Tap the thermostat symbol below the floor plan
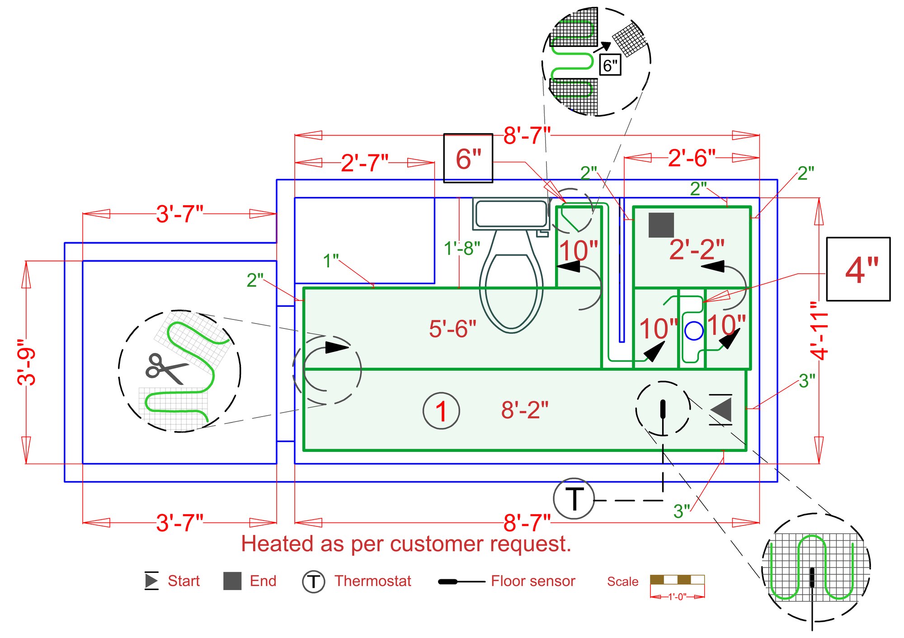574,499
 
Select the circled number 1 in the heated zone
441,411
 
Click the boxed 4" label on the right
858,269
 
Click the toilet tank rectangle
511,214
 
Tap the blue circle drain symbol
694,331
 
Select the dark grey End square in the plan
661,225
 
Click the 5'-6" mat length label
452,328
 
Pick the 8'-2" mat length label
524,410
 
